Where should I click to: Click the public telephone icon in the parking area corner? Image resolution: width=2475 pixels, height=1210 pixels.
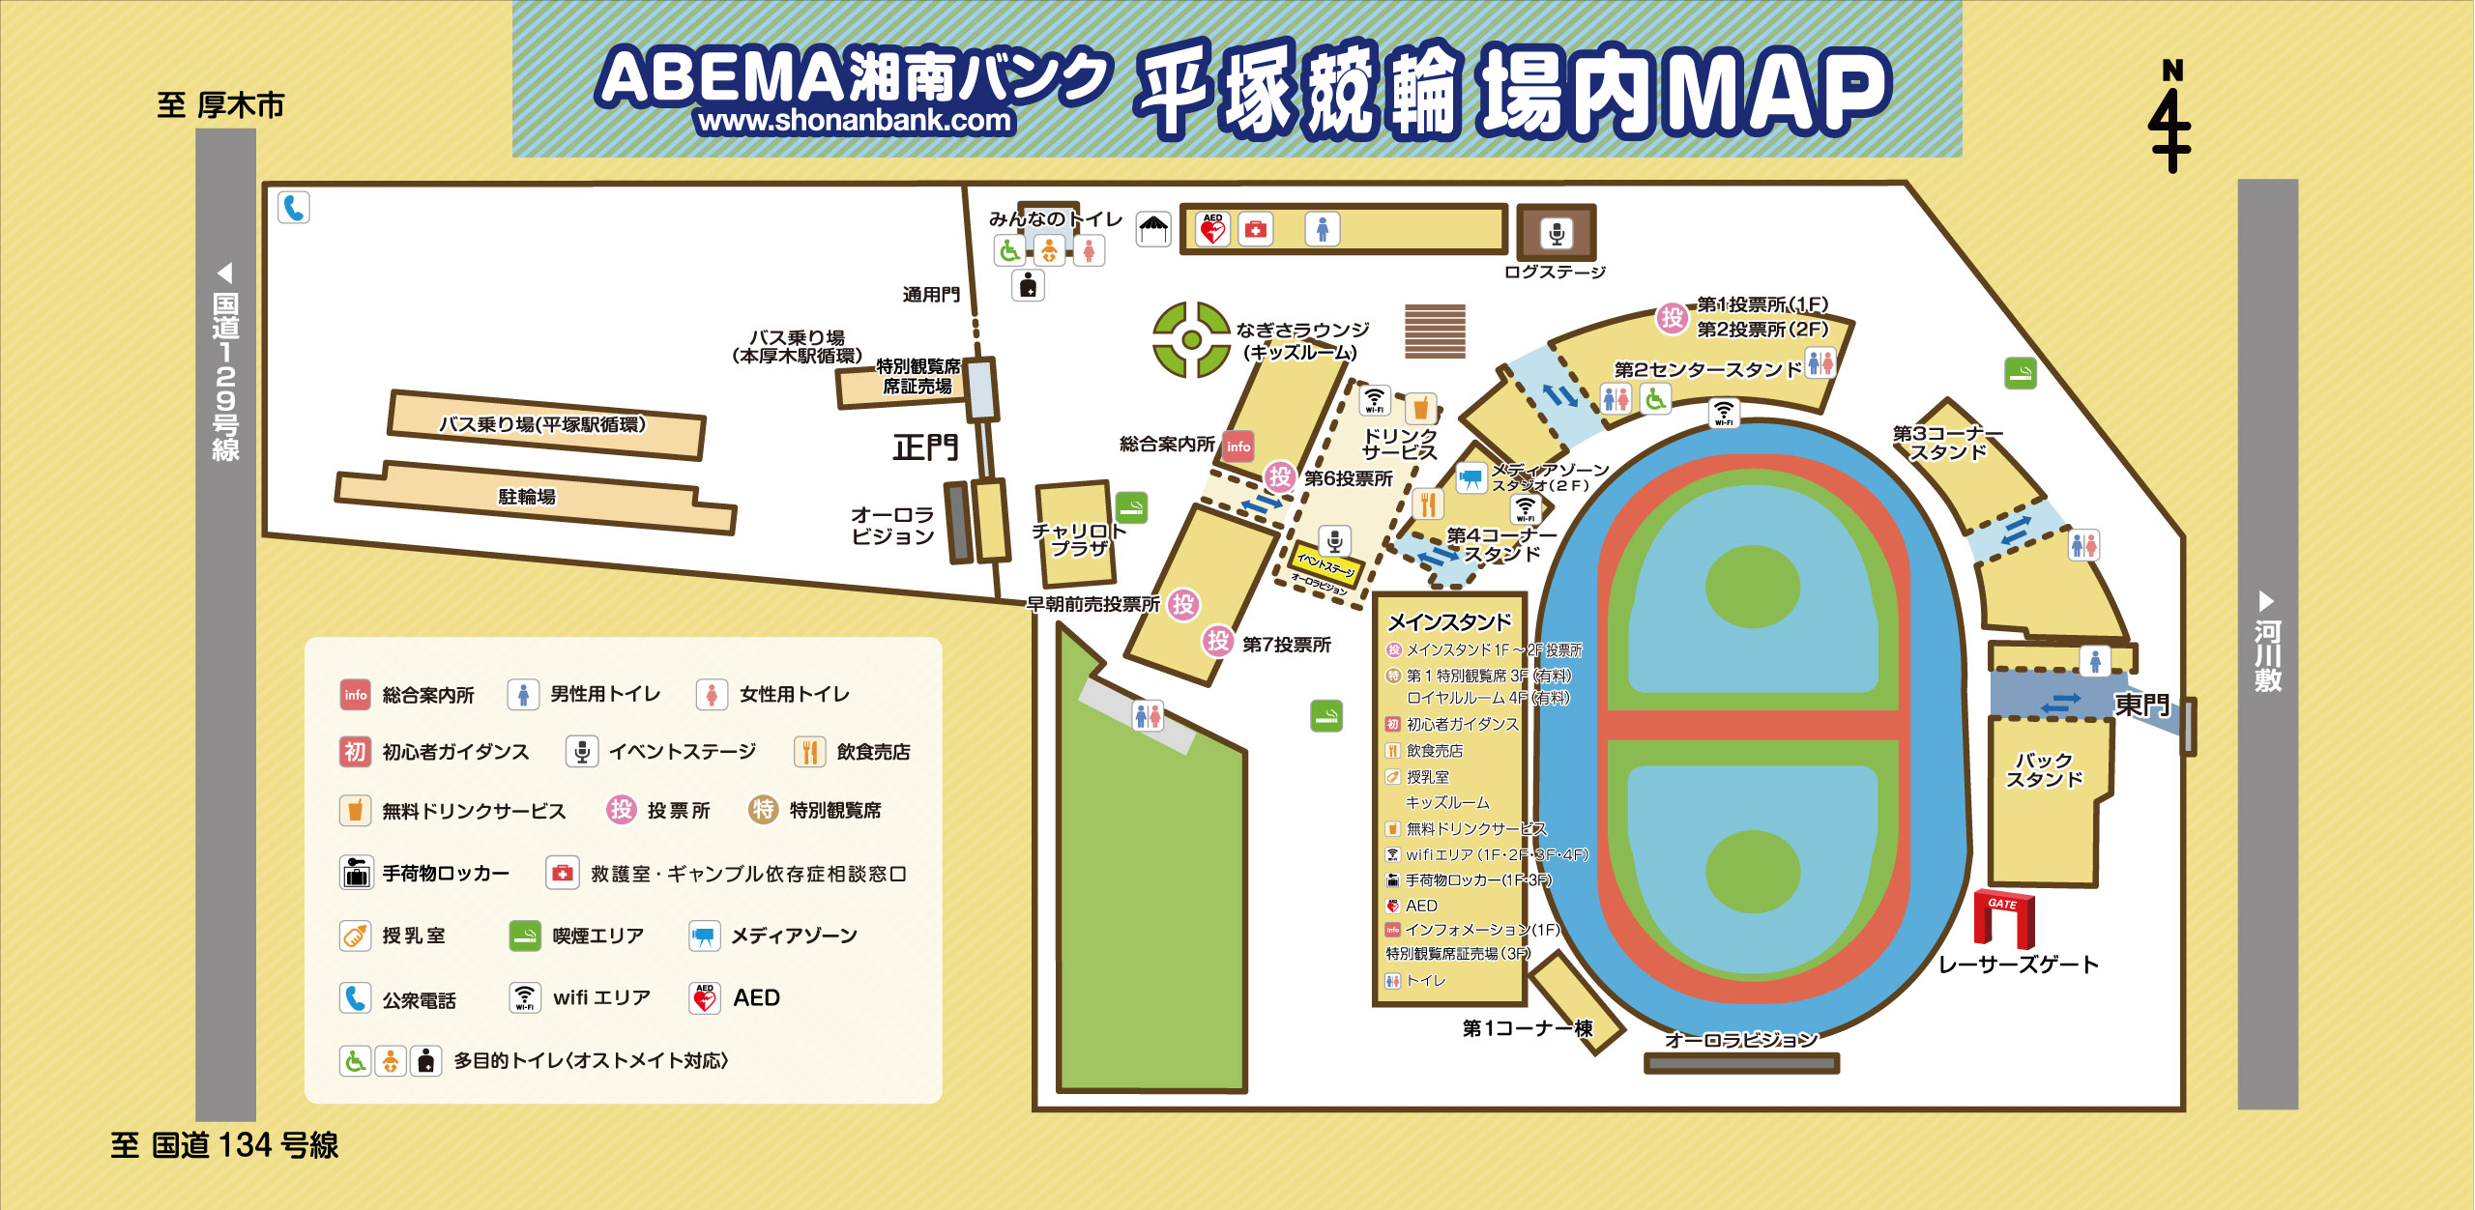pos(294,208)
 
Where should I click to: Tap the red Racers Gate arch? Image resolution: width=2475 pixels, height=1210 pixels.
pos(2003,917)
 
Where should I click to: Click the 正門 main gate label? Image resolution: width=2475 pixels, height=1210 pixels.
pos(925,447)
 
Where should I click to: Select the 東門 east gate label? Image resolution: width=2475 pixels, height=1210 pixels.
pos(2142,705)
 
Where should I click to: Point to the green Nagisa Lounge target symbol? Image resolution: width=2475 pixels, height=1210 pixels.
pos(1191,339)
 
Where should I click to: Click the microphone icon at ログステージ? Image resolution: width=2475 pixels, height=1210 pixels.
pos(1556,233)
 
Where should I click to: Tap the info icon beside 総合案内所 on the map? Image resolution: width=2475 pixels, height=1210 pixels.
pos(1238,446)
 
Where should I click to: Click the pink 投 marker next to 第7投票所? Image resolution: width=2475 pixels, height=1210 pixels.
pos(1217,640)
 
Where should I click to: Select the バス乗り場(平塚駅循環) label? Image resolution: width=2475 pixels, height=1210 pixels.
pos(542,424)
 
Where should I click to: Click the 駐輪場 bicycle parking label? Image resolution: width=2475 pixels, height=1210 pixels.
pos(527,497)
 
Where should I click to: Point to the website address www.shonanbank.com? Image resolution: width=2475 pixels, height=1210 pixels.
pos(855,121)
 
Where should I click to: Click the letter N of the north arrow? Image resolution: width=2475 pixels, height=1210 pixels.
pos(2172,71)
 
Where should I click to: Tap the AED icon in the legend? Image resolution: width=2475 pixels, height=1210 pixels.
pos(705,997)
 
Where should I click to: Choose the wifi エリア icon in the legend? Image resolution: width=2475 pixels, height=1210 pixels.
pos(524,997)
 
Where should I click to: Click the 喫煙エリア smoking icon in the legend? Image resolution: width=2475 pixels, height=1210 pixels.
pos(524,936)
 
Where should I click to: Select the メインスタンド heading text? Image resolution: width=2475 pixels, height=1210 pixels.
pos(1449,622)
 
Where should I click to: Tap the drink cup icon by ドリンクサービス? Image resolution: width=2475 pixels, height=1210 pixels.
pos(1420,409)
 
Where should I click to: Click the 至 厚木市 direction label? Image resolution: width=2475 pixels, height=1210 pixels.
pos(220,105)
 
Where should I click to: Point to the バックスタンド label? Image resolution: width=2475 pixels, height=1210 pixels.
pos(2043,770)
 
